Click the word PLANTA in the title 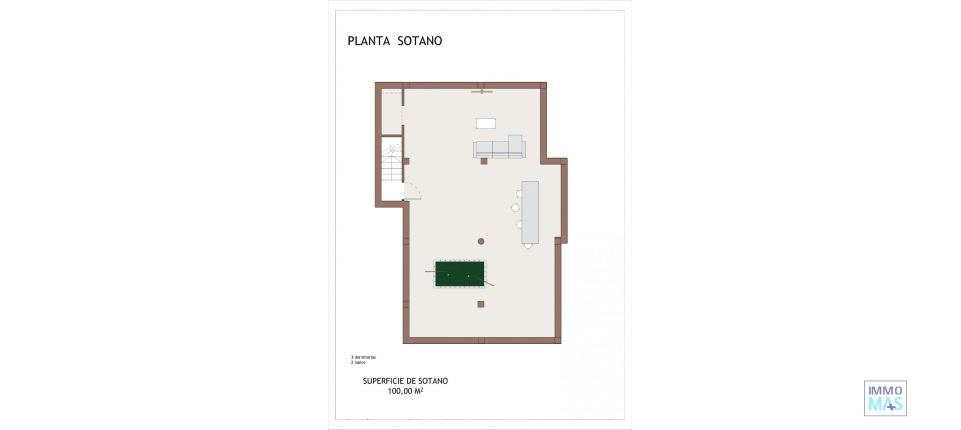(x=369, y=41)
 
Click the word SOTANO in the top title (x=419, y=41)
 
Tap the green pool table (x=460, y=274)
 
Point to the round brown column (x=481, y=241)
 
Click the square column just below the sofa (x=484, y=161)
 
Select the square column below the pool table (x=481, y=304)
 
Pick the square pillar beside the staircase (x=406, y=161)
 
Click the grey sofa (x=499, y=149)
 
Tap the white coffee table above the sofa (x=486, y=123)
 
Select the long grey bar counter (x=530, y=212)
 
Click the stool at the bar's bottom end (x=528, y=245)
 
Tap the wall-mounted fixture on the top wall (x=482, y=91)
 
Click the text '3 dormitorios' (x=363, y=357)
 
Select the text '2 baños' (x=358, y=362)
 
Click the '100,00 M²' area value (x=405, y=391)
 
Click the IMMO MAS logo (x=885, y=398)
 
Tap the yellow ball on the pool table (x=448, y=274)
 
